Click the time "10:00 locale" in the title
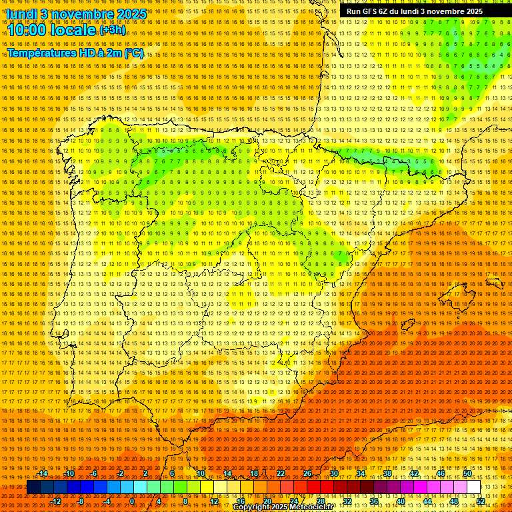pos(51,30)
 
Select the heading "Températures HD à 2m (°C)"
pos(75,53)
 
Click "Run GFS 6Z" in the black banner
pos(370,11)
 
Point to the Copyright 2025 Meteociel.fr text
pos(283,507)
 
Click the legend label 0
pos(132,501)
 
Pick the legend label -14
pos(44,473)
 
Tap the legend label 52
pos(481,501)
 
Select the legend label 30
pos(334,473)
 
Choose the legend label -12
pos(57,501)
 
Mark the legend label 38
pos(387,473)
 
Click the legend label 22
pos(281,473)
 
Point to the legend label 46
pos(440,473)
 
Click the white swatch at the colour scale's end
pos(474,487)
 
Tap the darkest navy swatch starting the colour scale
pos(33,487)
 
